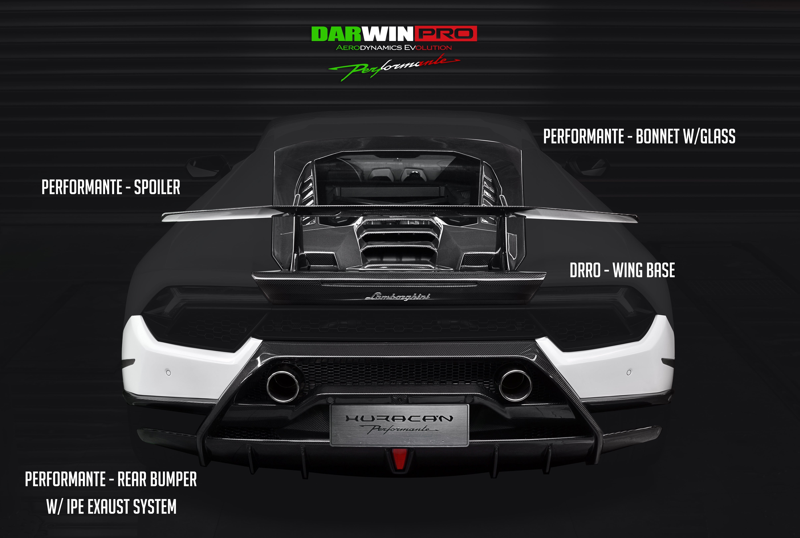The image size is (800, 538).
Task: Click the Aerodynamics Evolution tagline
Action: pos(394,48)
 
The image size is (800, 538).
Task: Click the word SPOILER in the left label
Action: pos(157,187)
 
